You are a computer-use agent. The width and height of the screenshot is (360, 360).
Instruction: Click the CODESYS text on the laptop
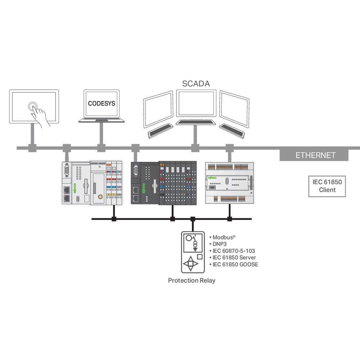(x=102, y=103)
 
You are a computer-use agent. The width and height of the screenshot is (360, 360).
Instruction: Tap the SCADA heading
(x=196, y=84)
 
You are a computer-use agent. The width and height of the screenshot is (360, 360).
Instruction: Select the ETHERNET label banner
(x=315, y=156)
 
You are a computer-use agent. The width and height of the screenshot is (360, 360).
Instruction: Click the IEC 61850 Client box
(x=327, y=186)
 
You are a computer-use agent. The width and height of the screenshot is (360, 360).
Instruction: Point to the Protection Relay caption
(x=192, y=280)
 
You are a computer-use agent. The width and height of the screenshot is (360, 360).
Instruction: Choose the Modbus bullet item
(x=224, y=237)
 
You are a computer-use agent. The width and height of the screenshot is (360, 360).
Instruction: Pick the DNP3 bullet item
(x=220, y=244)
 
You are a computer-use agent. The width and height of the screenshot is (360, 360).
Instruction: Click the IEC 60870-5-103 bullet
(x=234, y=251)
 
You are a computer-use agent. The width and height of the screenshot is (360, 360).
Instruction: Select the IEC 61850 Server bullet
(x=234, y=258)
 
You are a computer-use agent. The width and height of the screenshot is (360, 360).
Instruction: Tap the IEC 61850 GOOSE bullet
(x=235, y=265)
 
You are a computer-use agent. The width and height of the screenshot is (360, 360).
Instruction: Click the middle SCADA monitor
(x=195, y=104)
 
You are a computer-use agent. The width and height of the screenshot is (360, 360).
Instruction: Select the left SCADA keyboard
(x=160, y=131)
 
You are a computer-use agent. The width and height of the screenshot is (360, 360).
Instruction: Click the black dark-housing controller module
(x=163, y=183)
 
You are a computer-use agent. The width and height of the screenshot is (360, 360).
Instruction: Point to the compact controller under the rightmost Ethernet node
(x=229, y=183)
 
